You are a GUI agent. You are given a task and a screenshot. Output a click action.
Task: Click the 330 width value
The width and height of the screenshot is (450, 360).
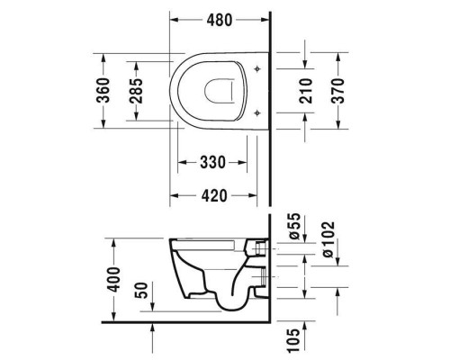click(211, 163)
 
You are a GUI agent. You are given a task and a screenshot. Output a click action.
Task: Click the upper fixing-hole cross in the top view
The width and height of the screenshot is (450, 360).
click(258, 69)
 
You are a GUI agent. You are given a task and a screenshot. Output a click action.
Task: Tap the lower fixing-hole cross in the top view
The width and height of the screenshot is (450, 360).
click(258, 112)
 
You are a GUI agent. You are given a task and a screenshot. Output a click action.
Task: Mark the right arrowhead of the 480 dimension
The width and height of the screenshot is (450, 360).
click(266, 19)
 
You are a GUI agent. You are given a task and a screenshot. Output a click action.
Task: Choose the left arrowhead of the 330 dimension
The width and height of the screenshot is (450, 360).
click(180, 163)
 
